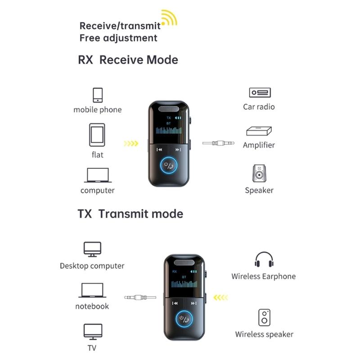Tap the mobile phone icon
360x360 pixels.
[98, 95]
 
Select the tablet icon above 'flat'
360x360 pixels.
[97, 135]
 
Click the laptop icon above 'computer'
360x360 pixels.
[97, 175]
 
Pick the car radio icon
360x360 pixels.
[259, 93]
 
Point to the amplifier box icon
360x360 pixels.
[259, 131]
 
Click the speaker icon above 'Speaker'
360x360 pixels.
[259, 174]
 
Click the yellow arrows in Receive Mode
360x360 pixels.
[131, 144]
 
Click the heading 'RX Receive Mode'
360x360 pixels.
[128, 60]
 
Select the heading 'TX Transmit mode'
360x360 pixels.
[130, 213]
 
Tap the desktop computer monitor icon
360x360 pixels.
[92, 249]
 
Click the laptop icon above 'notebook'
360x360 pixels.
[92, 290]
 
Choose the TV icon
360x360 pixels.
[92, 332]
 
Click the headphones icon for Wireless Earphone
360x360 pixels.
[264, 260]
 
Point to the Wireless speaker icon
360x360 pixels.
[264, 317]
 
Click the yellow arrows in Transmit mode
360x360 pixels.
[221, 297]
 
